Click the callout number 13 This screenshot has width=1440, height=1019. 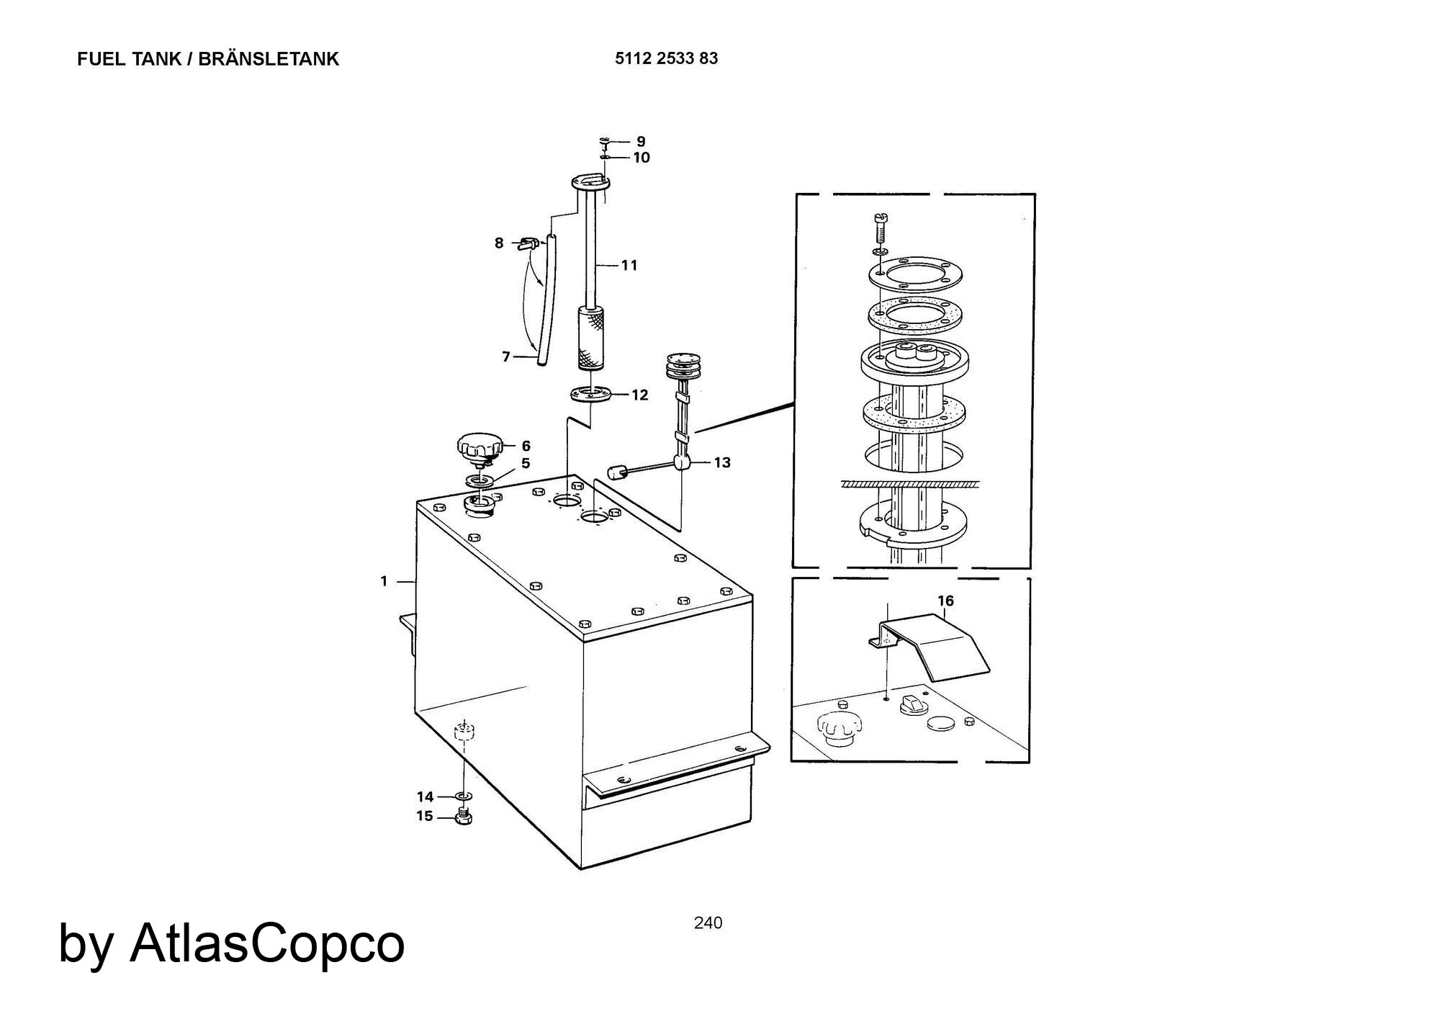[721, 462]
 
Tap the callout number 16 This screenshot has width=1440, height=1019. [945, 601]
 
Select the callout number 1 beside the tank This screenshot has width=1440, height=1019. [384, 580]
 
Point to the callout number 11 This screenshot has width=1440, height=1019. [629, 265]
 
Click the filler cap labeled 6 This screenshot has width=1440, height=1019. [477, 450]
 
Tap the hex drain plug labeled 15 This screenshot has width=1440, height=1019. [464, 817]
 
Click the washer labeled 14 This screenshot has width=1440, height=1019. [462, 796]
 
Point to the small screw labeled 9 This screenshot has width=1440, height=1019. [604, 141]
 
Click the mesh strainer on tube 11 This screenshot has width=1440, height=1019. [590, 338]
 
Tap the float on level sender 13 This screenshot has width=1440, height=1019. [616, 473]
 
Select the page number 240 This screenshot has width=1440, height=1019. [708, 923]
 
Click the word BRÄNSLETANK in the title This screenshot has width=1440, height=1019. [268, 59]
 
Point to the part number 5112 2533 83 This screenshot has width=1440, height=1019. [666, 58]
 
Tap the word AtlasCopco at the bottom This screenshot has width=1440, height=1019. [267, 944]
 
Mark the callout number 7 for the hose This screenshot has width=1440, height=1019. [505, 356]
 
